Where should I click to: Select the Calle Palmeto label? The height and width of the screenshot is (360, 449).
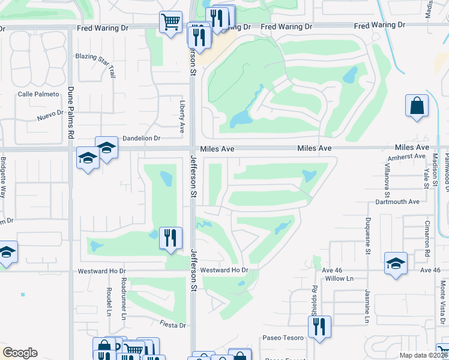coord(38,94)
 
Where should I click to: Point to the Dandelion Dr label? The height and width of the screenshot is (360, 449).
coord(142,138)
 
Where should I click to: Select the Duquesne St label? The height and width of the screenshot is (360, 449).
coord(367,233)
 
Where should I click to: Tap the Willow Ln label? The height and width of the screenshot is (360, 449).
coord(340,279)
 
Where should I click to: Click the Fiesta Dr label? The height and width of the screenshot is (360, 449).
coord(173,325)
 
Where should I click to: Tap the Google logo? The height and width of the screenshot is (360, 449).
coord(20,353)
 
